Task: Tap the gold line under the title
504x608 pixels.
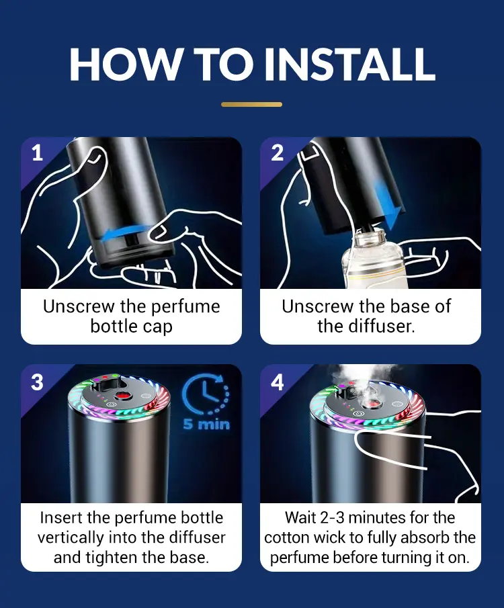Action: pos(251,104)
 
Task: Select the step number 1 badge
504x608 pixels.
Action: pos(37,153)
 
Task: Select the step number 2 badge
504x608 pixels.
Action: pos(277,153)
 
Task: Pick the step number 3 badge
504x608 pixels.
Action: pos(37,382)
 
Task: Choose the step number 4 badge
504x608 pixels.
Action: pos(277,382)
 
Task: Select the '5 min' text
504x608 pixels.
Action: pos(206,424)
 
